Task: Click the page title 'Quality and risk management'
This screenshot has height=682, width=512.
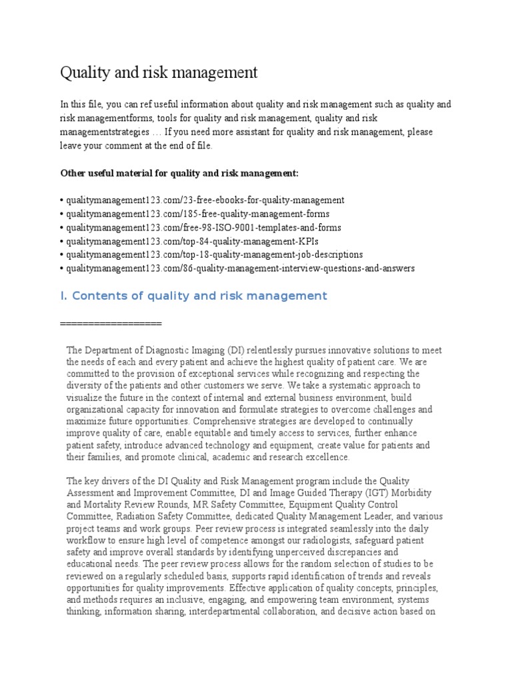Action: click(159, 72)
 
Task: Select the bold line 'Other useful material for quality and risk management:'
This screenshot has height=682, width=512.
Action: click(180, 173)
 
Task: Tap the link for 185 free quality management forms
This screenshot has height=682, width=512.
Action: click(197, 213)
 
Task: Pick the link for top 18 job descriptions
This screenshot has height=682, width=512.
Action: click(213, 254)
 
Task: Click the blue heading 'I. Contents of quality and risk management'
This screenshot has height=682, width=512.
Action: click(193, 295)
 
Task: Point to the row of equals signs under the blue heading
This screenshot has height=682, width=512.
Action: click(111, 323)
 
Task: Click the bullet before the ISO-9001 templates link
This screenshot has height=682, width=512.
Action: click(62, 227)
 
